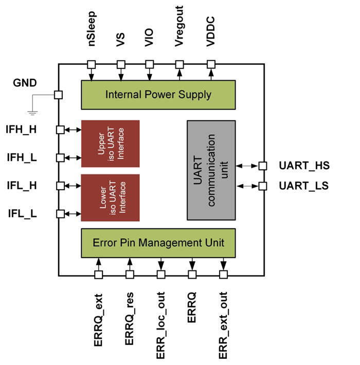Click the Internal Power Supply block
point(158,95)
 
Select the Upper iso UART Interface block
point(111,143)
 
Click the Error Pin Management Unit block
point(158,242)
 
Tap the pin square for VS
point(121,64)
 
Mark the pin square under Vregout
point(179,64)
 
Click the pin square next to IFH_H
point(60,130)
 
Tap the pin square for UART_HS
point(262,166)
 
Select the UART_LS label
point(303,186)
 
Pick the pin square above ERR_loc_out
point(160,275)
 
